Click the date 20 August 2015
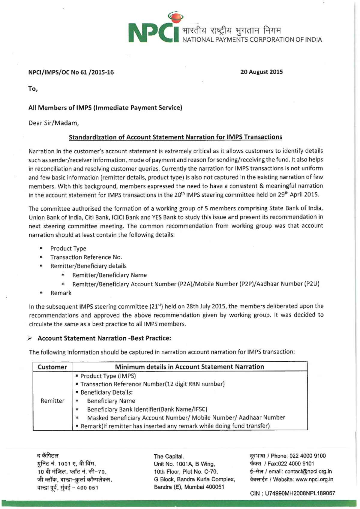[261, 72]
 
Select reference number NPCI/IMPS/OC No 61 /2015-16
[71, 72]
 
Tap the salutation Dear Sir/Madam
[53, 123]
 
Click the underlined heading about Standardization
[175, 137]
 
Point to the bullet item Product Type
[68, 248]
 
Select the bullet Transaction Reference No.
[86, 257]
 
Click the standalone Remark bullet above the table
[61, 293]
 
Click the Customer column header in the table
[52, 367]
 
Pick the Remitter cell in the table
[52, 401]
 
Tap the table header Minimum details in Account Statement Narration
[190, 367]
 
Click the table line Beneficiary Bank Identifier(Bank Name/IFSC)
[147, 409]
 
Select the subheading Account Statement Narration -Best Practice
[104, 338]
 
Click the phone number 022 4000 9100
[307, 456]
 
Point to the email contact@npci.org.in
[308, 471]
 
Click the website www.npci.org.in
[314, 479]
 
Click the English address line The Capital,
[169, 456]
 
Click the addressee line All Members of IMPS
[105, 108]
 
